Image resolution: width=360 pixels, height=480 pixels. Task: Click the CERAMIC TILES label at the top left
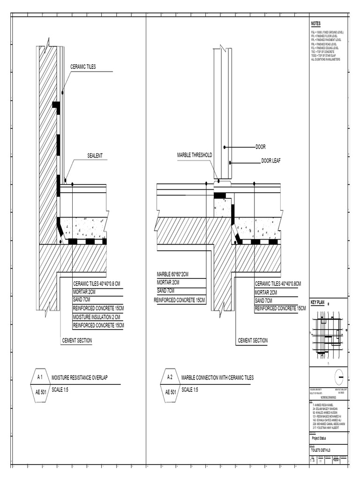(83, 67)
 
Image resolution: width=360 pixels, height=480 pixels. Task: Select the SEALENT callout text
(95, 155)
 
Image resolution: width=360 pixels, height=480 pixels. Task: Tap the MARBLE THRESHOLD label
(195, 155)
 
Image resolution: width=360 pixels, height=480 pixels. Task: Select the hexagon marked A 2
(170, 377)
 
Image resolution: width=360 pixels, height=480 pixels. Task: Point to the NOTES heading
(315, 23)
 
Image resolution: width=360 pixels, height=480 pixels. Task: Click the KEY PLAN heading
(317, 302)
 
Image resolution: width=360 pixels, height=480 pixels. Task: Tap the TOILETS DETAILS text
(321, 450)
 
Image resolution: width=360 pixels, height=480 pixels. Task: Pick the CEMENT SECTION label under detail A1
(77, 340)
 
